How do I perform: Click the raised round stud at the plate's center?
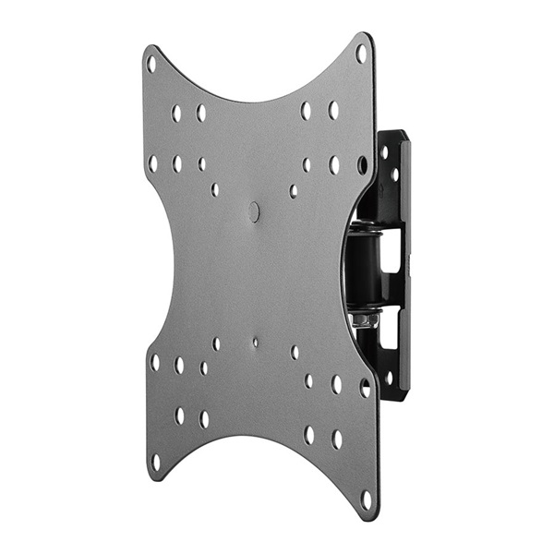[x=254, y=211]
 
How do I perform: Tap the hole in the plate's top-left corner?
[x=151, y=64]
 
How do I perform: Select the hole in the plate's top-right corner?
[x=361, y=54]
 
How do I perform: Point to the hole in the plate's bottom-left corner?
[x=155, y=461]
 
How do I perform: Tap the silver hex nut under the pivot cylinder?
[x=365, y=320]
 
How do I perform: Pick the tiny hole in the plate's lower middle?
[x=256, y=342]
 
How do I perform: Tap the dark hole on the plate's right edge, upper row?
[x=362, y=164]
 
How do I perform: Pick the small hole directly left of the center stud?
[x=215, y=189]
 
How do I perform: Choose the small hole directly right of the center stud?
[x=294, y=192]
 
